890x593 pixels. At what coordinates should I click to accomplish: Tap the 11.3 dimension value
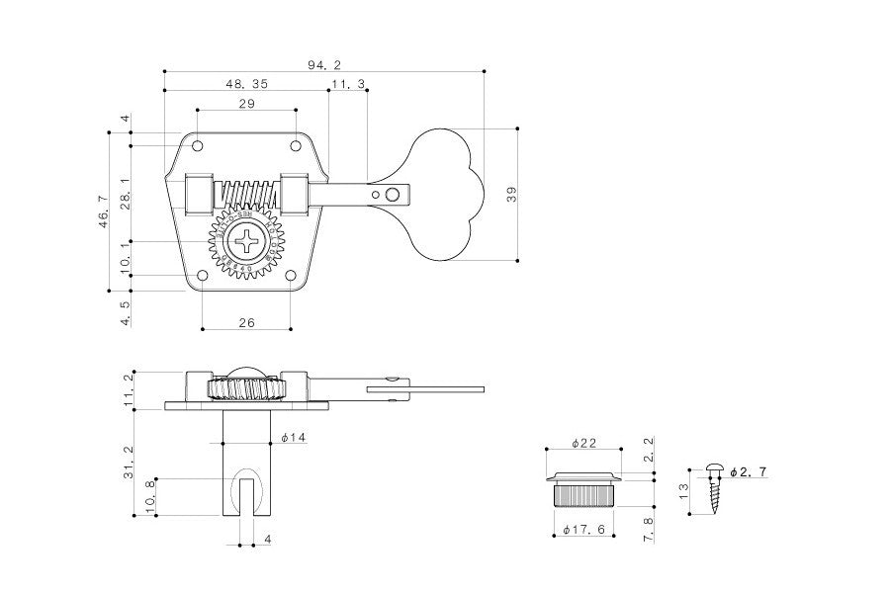click(347, 84)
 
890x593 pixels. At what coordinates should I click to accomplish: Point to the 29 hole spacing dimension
click(246, 104)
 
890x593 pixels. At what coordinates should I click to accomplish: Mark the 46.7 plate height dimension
click(103, 212)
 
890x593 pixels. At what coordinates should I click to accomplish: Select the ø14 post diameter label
click(293, 437)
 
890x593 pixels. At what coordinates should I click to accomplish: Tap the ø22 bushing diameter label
click(583, 443)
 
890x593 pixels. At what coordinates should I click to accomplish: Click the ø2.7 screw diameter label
click(748, 472)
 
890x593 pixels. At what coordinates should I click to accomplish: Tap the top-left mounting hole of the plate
click(198, 146)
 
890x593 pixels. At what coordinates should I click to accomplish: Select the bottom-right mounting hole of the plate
click(292, 276)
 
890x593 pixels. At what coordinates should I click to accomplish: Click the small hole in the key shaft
click(392, 194)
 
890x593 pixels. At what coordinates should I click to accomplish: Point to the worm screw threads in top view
click(246, 191)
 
